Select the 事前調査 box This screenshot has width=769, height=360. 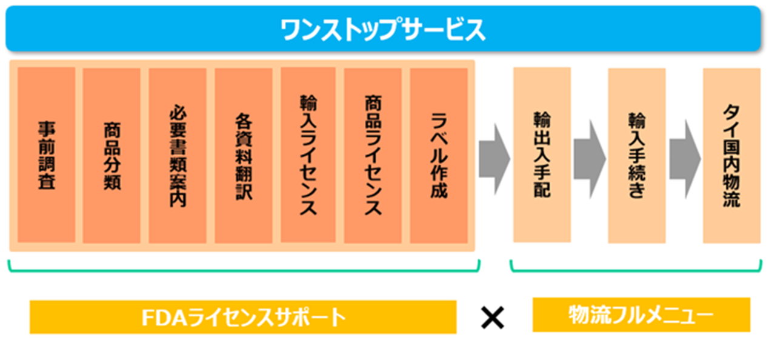coord(47,155)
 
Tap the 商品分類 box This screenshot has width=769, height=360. coord(112,155)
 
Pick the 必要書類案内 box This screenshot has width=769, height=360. coord(178,155)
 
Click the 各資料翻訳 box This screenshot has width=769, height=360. coord(243,155)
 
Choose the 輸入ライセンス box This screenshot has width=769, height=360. coord(308,155)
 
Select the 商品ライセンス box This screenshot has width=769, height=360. coord(373,155)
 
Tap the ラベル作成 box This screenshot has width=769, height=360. coord(439,155)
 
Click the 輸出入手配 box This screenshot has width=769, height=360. coord(542,155)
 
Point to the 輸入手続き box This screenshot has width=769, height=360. coord(636,155)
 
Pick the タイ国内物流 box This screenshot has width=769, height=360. coord(731,155)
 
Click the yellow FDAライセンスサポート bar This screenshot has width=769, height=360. coord(242,316)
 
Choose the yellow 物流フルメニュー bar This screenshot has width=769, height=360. coord(641,315)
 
